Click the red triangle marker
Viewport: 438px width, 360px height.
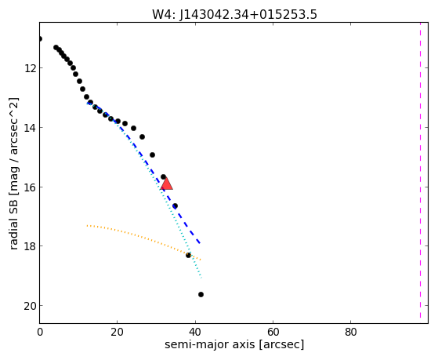point(166,184)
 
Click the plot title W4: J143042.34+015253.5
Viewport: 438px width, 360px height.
point(234,14)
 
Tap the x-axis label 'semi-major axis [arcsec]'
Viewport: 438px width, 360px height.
point(234,344)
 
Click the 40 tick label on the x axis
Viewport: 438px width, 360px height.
point(194,332)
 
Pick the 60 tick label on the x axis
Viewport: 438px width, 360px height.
point(273,332)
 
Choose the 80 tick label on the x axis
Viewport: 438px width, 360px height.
point(350,332)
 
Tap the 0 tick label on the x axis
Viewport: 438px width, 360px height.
point(40,332)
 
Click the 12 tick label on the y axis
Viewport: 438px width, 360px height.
point(30,68)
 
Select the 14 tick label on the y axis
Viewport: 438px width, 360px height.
point(30,128)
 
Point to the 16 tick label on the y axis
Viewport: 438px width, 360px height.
point(30,187)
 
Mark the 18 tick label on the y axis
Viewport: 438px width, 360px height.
point(30,246)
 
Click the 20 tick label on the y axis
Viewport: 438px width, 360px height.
point(30,306)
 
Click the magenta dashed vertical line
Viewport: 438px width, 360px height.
point(420,170)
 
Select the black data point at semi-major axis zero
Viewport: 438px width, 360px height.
point(40,39)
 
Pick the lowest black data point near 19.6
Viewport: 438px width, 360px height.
point(201,295)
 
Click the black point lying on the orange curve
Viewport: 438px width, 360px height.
point(188,255)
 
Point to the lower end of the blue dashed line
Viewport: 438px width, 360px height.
point(200,243)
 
